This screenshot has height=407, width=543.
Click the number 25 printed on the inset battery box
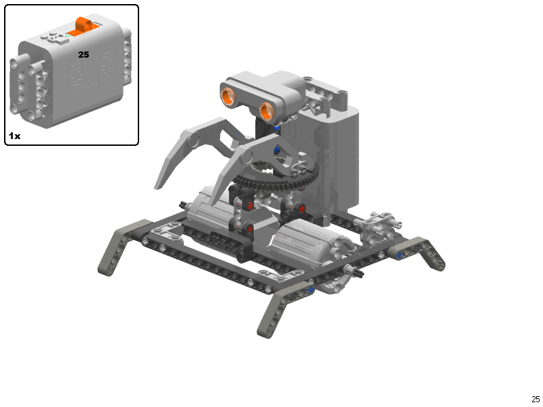(83, 54)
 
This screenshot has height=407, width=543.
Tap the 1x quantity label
(14, 136)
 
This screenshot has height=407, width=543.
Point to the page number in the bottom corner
(536, 399)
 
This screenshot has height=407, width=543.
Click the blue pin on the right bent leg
(399, 255)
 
